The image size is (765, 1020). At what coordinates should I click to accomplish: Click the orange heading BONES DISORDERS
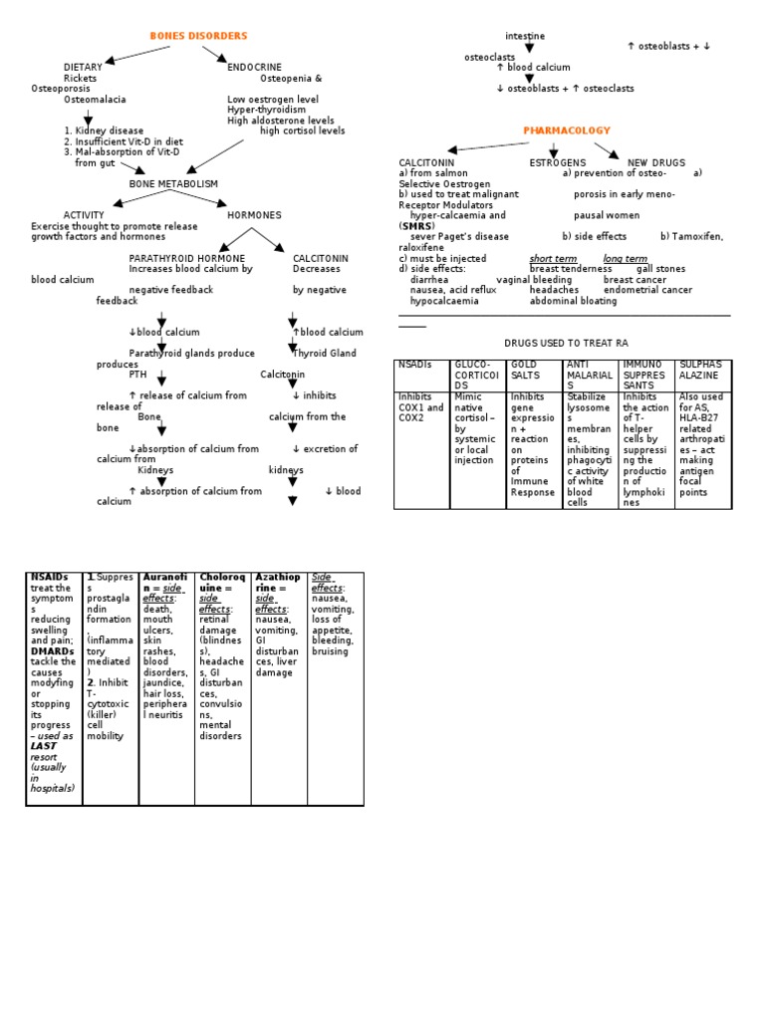[198, 37]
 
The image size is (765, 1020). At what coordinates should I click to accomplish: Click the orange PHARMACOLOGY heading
[567, 131]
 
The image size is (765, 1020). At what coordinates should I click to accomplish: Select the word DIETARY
[83, 68]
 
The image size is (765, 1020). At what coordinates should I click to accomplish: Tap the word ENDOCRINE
[254, 68]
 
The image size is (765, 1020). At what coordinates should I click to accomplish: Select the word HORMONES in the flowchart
[254, 215]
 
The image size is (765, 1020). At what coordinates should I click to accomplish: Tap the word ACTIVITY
[84, 215]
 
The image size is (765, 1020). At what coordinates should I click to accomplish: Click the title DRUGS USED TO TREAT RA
[566, 343]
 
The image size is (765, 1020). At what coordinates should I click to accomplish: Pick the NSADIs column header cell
[414, 366]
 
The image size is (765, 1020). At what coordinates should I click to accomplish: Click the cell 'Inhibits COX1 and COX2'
[421, 407]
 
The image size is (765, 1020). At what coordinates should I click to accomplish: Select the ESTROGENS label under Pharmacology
[557, 162]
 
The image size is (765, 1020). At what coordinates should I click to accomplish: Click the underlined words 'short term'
[553, 259]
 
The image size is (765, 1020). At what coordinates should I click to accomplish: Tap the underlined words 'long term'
[625, 259]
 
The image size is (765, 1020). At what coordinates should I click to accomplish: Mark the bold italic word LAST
[43, 745]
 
